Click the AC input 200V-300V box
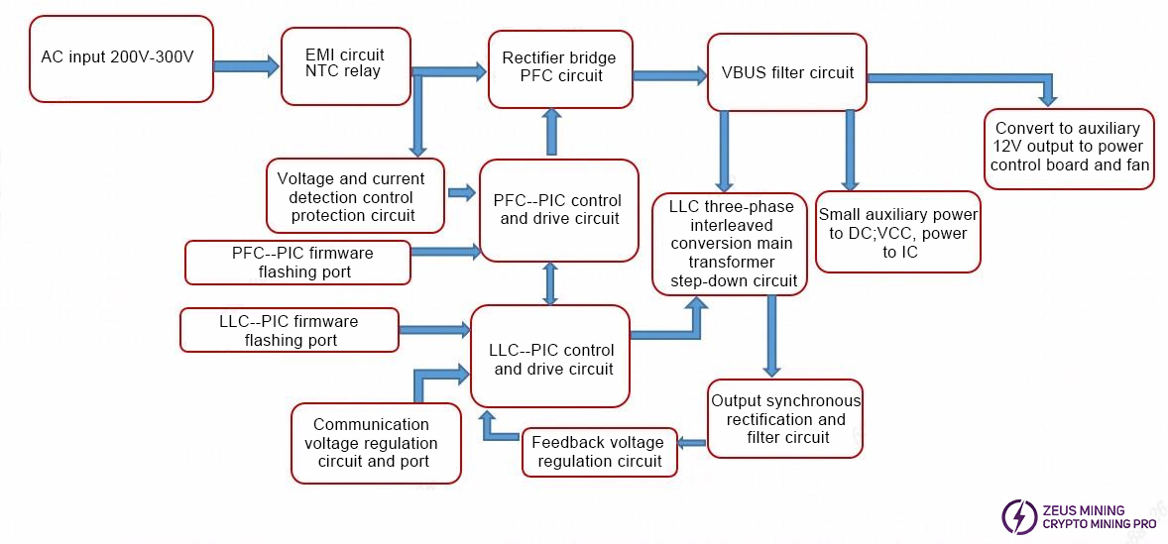tap(121, 57)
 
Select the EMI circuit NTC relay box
tap(345, 65)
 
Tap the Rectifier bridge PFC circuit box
tap(560, 68)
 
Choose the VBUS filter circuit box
tap(786, 72)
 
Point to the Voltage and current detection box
tap(351, 196)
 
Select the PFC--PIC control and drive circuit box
tap(558, 210)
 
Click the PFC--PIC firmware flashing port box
tap(296, 263)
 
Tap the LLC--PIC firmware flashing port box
tap(289, 330)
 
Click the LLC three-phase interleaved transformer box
tap(729, 244)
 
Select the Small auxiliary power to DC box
tap(897, 232)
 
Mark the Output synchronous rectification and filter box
tap(785, 418)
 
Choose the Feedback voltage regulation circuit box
tap(599, 452)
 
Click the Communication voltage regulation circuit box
tap(375, 443)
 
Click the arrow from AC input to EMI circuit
tap(247, 66)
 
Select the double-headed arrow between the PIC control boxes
tap(550, 283)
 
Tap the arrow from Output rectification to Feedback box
tap(692, 445)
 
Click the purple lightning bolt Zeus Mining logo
tap(1018, 516)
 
